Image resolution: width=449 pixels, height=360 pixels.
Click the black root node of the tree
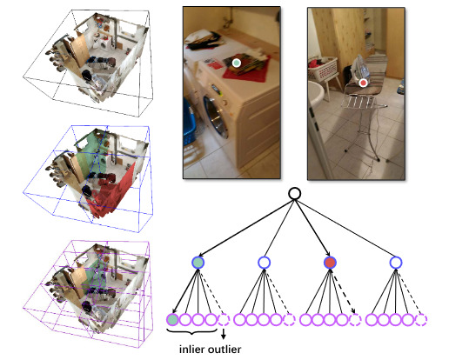coord(294,194)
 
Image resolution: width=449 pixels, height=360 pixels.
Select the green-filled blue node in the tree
coord(198,263)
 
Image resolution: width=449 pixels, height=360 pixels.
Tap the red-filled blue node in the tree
coord(330,263)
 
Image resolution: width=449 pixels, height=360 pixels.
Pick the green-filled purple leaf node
coord(172,320)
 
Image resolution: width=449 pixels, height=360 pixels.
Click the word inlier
coord(191,350)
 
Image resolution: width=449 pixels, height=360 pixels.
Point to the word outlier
coord(224,350)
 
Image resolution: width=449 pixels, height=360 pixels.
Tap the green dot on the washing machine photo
coord(237,63)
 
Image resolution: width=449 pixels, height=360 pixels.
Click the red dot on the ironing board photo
coord(363,83)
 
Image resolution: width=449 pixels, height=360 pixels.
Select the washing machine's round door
coord(216,117)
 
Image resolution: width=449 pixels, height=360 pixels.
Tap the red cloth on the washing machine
coord(246,69)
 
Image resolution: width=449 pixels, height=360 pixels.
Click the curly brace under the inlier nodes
coord(192,331)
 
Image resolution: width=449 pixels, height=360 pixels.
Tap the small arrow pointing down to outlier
coord(224,334)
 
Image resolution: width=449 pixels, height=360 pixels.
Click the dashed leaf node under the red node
coord(355,320)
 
